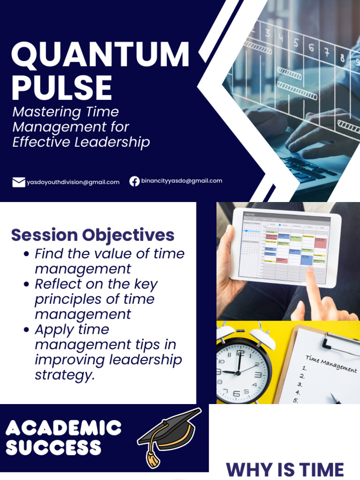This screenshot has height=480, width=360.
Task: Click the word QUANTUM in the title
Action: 100,55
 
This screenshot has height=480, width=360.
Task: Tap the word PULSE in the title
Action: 62,87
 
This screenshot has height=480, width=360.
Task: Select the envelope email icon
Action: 19,182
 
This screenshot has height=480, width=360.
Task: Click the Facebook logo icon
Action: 135,181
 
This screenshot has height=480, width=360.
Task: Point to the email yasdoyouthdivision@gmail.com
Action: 73,182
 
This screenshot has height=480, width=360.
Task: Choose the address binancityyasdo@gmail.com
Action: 182,180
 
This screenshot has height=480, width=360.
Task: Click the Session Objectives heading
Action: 93,234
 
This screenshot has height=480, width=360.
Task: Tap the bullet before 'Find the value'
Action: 27,255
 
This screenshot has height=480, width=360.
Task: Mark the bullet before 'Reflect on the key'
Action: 27,285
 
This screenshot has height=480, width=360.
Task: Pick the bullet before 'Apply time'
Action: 27,330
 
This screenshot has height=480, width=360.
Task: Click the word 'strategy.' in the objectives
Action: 65,375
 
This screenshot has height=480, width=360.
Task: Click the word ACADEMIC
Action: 64,427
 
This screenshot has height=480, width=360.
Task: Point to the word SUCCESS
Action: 53,448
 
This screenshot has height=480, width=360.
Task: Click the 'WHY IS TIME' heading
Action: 285,470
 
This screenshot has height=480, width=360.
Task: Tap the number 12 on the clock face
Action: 240,353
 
